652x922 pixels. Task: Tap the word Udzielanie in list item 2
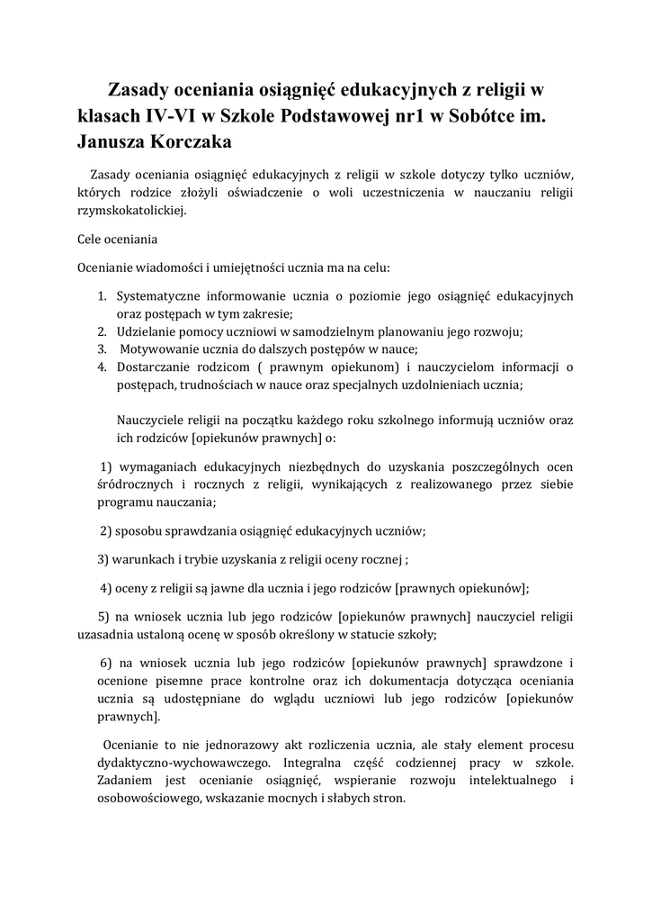click(x=147, y=331)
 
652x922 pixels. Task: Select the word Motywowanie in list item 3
click(x=160, y=349)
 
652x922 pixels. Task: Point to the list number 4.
click(x=102, y=366)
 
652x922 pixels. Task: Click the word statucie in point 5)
click(x=389, y=634)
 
